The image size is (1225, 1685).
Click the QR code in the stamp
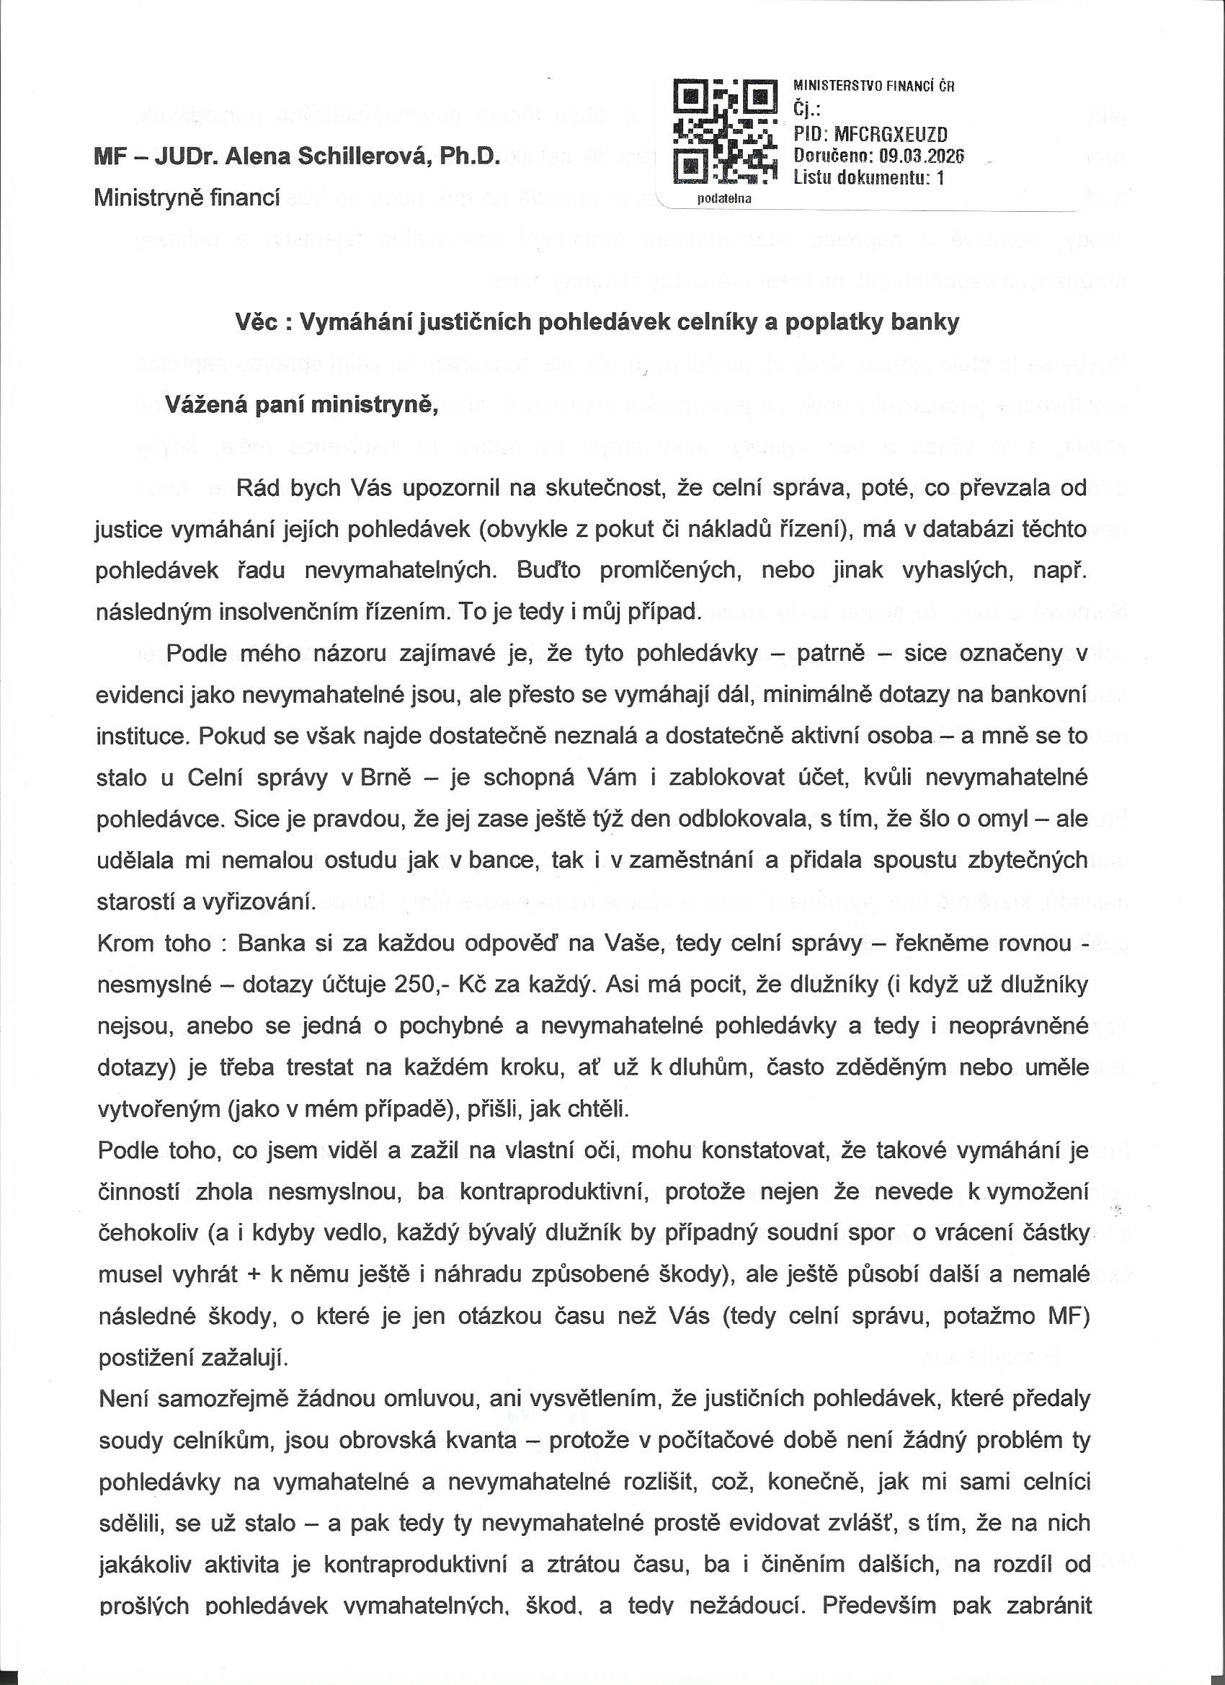[723, 132]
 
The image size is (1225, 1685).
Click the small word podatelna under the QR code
[724, 198]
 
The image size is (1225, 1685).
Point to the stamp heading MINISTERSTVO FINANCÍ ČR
[873, 86]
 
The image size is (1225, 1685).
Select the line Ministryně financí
[187, 197]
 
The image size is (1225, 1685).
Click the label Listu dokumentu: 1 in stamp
[868, 177]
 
